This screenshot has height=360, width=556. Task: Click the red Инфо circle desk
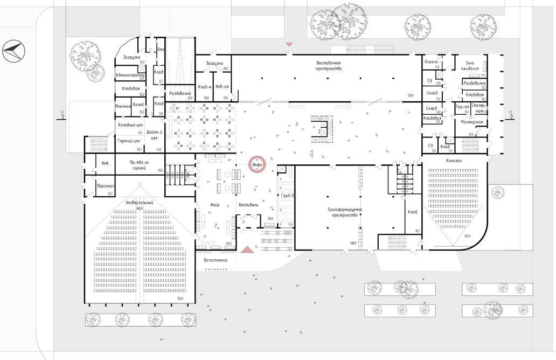pyautogui.click(x=256, y=165)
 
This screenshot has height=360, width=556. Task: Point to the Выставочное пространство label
pyautogui.click(x=329, y=66)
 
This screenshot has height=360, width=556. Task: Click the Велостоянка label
pyautogui.click(x=216, y=260)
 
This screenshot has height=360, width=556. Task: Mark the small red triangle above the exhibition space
pyautogui.click(x=289, y=43)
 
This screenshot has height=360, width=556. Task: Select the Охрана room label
pyautogui.click(x=432, y=63)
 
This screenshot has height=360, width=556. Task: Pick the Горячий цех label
pyautogui.click(x=129, y=141)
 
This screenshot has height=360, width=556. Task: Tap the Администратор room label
pyautogui.click(x=130, y=75)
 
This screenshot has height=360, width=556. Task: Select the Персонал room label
pyautogui.click(x=104, y=185)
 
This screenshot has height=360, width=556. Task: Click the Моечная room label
pyautogui.click(x=123, y=106)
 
